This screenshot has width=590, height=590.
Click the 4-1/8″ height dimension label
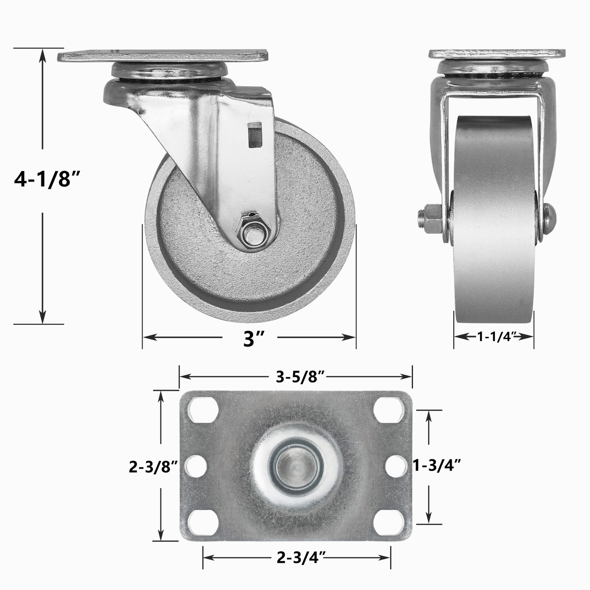[47, 180]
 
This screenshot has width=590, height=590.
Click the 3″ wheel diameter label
[254, 339]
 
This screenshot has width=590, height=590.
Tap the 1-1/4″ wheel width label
[494, 336]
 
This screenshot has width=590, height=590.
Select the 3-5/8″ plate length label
[301, 377]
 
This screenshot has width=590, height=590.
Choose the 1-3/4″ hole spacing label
[437, 466]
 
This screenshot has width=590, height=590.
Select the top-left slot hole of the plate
[202, 410]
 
